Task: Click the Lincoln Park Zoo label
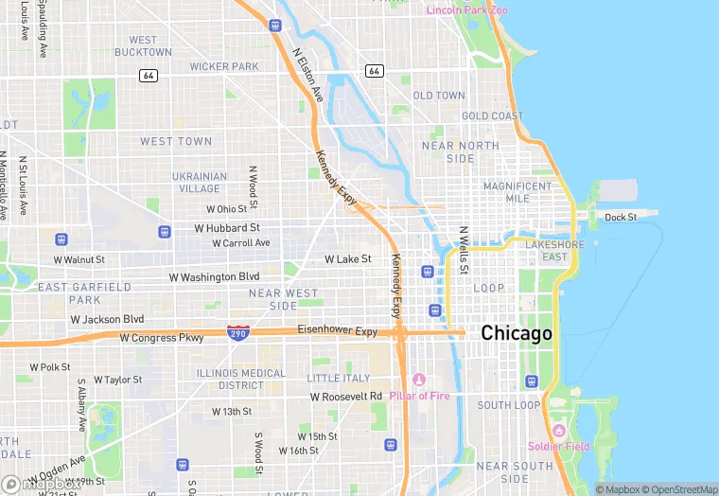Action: [x=466, y=10]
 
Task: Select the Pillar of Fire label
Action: [x=419, y=396]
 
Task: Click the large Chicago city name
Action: [x=517, y=333]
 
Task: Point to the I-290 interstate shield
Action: [x=238, y=333]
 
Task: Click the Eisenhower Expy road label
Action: [x=338, y=331]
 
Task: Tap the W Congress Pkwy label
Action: [x=162, y=337]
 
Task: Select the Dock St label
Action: [x=621, y=217]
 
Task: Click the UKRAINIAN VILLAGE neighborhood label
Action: [x=200, y=183]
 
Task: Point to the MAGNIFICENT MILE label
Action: [x=517, y=193]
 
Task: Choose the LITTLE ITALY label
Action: [x=339, y=378]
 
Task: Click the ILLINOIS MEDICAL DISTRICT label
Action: [x=240, y=380]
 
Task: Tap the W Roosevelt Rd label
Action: [x=346, y=397]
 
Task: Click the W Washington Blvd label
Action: [x=214, y=277]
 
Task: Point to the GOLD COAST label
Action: [x=492, y=116]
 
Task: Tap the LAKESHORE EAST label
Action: [x=547, y=251]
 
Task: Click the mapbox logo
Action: [x=28, y=485]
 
